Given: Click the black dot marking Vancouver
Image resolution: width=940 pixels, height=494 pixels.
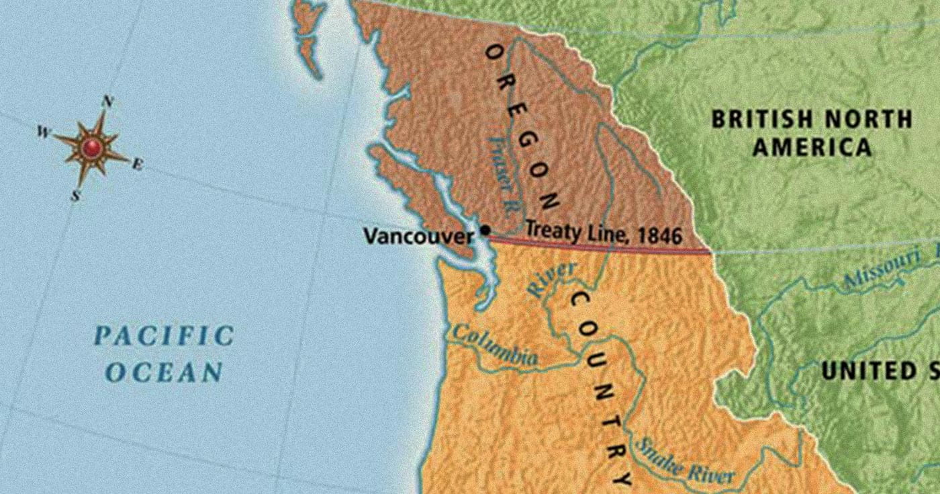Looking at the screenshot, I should pyautogui.click(x=485, y=230).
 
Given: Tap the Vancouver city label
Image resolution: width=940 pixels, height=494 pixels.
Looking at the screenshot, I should pyautogui.click(x=418, y=237).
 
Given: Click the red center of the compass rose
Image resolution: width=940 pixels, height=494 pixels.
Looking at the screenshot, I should pyautogui.click(x=91, y=147).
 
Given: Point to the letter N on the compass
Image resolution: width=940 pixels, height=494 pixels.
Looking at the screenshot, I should pyautogui.click(x=106, y=102).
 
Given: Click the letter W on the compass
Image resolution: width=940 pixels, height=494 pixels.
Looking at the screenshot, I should pyautogui.click(x=43, y=132).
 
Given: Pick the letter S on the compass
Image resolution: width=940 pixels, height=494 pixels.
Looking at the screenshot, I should pyautogui.click(x=75, y=196).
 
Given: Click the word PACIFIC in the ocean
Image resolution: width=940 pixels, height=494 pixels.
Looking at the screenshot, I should pyautogui.click(x=164, y=335).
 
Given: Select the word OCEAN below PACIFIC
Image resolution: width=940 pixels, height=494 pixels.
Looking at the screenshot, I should pyautogui.click(x=164, y=372).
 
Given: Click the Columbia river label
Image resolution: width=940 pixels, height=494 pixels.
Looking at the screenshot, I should pyautogui.click(x=496, y=345).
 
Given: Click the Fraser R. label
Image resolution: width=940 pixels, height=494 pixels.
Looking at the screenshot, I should pyautogui.click(x=502, y=174).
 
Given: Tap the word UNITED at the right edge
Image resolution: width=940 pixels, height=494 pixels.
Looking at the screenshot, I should pyautogui.click(x=863, y=371).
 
